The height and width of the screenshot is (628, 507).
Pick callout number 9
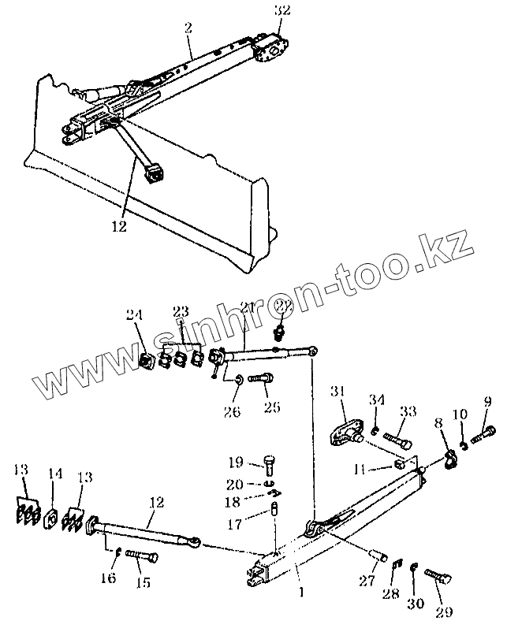click(487, 403)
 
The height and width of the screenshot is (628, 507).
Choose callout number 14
click(54, 475)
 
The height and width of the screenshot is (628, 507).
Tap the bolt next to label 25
click(260, 379)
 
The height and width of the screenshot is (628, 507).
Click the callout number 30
click(415, 603)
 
